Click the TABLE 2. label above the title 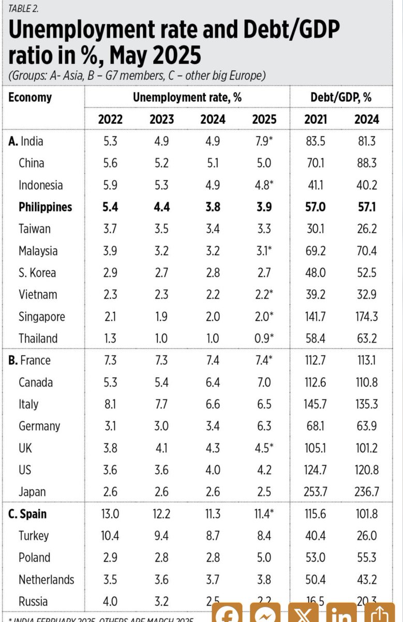pyautogui.click(x=23, y=8)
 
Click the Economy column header pyautogui.click(x=30, y=97)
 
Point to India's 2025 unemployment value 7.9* pyautogui.click(x=265, y=141)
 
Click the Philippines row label pyautogui.click(x=45, y=207)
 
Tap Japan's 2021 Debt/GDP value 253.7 pyautogui.click(x=316, y=492)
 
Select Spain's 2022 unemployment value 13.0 pyautogui.click(x=110, y=514)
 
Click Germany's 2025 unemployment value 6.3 pyautogui.click(x=264, y=426)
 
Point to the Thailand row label pyautogui.click(x=38, y=338)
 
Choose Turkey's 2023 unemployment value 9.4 pyautogui.click(x=161, y=536)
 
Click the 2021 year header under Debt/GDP pyautogui.click(x=316, y=119)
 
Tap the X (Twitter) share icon pyautogui.click(x=303, y=615)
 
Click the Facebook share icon pyautogui.click(x=227, y=615)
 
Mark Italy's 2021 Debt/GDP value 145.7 pyautogui.click(x=316, y=404)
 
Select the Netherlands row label pyautogui.click(x=46, y=579)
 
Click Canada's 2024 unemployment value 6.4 pyautogui.click(x=213, y=383)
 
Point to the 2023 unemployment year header pyautogui.click(x=161, y=119)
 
